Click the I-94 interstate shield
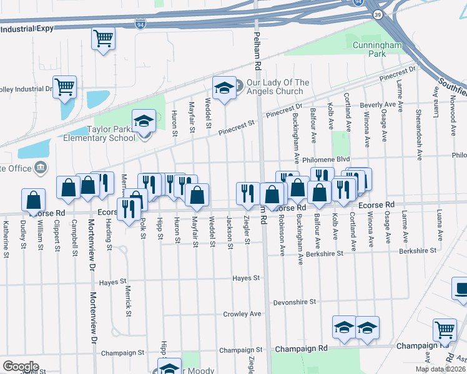pyautogui.click(x=141, y=24)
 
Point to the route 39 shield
pyautogui.click(x=378, y=14)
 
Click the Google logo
pyautogui.click(x=21, y=366)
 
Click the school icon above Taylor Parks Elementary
pyautogui.click(x=144, y=121)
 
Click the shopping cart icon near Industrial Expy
pyautogui.click(x=103, y=39)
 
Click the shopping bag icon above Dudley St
pyautogui.click(x=33, y=200)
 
